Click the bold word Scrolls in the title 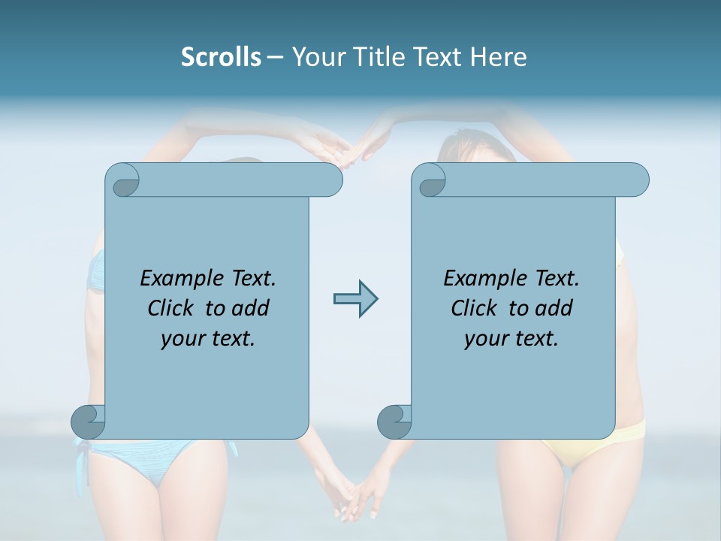point(221,56)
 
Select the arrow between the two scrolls point(355,299)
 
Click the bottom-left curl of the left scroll point(88,422)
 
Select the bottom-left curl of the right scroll point(394,422)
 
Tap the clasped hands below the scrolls point(351,500)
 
